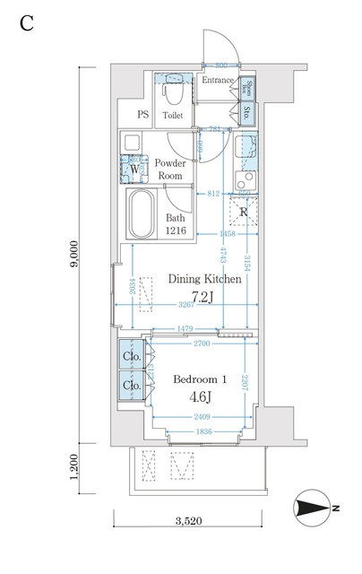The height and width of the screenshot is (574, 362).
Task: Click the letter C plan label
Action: (27, 23)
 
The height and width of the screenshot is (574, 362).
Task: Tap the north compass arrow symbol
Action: (315, 509)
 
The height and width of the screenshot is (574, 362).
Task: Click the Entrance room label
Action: (217, 81)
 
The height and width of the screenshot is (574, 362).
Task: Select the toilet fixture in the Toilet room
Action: (174, 90)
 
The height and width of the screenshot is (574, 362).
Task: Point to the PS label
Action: (142, 115)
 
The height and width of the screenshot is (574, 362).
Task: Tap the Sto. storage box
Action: (247, 113)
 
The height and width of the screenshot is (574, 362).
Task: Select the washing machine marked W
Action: (134, 168)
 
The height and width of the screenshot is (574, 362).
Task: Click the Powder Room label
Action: (169, 169)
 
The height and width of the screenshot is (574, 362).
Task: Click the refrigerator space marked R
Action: (243, 213)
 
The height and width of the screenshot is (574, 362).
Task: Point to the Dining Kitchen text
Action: (205, 279)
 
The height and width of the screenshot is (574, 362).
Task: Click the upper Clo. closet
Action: (130, 357)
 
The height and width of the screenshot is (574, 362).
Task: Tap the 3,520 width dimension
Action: (186, 520)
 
